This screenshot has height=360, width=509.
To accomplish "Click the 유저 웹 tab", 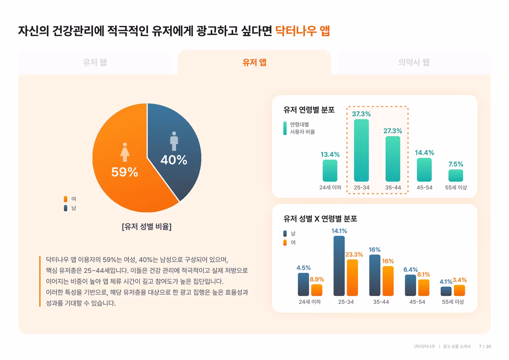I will [95, 62].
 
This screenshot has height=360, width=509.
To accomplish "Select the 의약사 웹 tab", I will [414, 62].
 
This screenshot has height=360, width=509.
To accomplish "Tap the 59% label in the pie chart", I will [124, 172].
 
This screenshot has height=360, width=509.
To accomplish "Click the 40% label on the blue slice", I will [173, 160].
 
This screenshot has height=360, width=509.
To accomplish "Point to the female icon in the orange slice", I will [124, 152].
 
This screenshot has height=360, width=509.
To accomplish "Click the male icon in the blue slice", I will [174, 141].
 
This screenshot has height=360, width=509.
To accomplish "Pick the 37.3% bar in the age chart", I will [361, 150].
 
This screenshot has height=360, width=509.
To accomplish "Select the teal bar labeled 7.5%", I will [456, 175].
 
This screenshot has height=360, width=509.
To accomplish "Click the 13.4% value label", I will [330, 155].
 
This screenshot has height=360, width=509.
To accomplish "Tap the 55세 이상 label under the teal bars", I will [456, 187].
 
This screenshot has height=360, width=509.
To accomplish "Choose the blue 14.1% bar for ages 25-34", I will [339, 266].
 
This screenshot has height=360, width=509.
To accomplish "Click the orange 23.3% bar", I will [352, 277].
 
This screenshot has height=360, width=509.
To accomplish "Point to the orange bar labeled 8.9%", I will [316, 290].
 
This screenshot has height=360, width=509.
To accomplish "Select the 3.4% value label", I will [459, 280].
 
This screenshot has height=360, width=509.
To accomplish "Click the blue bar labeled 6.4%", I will [410, 285].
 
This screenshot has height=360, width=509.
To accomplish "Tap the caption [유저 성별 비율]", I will [146, 227].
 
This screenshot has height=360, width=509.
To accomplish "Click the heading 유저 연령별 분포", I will [309, 110].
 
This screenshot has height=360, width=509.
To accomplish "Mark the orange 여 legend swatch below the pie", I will [65, 199].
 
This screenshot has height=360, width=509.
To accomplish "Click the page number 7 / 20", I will [485, 346].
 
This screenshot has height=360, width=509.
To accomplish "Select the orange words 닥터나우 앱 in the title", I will [302, 31].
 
